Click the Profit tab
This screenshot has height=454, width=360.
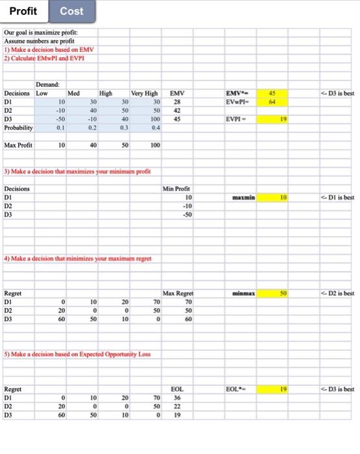(23, 12)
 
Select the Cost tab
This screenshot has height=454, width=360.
(71, 12)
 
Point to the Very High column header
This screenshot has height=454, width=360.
(145, 93)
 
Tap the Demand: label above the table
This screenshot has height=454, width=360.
(48, 84)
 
